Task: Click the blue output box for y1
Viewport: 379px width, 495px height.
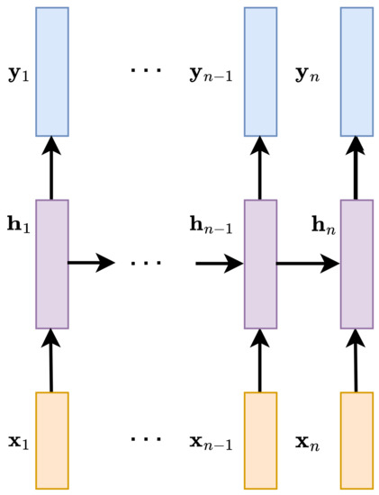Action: click(x=52, y=72)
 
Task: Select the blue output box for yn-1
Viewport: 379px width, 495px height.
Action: click(x=260, y=72)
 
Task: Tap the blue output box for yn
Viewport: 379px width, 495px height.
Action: click(x=356, y=72)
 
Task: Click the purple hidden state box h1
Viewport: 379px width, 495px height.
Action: click(x=52, y=264)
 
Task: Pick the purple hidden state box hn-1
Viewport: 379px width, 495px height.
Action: click(x=260, y=264)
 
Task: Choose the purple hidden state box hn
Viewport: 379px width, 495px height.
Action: click(x=356, y=264)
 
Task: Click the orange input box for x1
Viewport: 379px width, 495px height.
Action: click(x=52, y=440)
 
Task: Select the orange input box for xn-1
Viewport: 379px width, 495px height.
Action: click(x=260, y=440)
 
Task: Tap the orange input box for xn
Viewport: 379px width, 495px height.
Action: click(x=356, y=440)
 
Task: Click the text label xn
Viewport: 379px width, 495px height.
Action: click(x=309, y=442)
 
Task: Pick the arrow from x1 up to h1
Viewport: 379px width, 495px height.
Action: click(x=51, y=360)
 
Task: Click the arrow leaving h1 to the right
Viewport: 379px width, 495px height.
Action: click(x=91, y=263)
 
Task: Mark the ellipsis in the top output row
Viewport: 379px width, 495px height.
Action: click(x=145, y=69)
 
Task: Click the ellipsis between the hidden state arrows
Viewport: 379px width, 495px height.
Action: click(x=145, y=264)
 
